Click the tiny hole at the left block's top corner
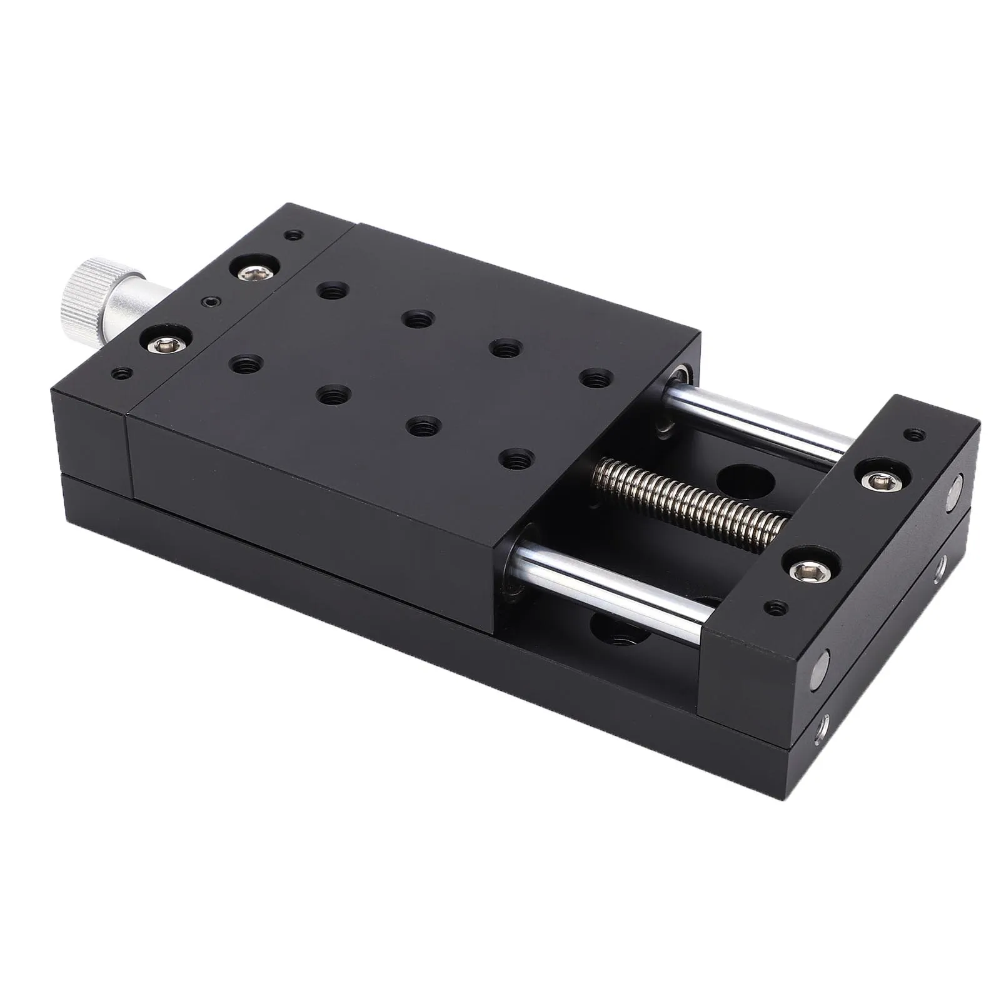pyautogui.click(x=293, y=236)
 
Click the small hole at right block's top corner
pyautogui.click(x=916, y=433)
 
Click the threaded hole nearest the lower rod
pyautogui.click(x=516, y=461)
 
